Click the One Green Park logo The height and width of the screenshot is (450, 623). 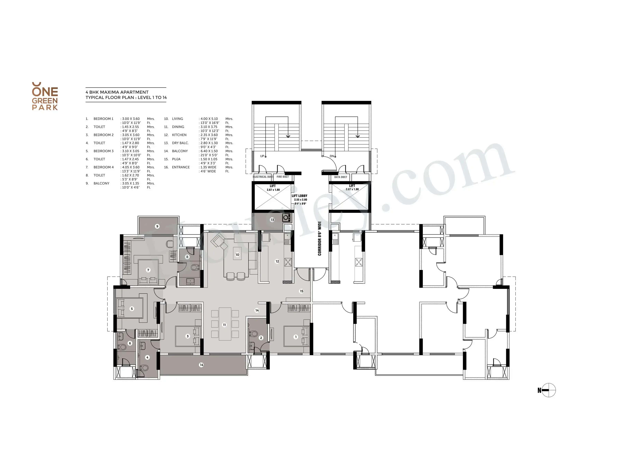pos(45,96)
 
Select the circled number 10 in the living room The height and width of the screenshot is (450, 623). pos(237,255)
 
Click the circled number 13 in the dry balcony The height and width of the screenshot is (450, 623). pos(272,220)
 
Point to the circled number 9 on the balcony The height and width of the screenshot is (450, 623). pos(157,226)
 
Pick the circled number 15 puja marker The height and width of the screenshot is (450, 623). pos(301,291)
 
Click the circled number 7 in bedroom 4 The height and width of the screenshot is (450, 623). pos(148,270)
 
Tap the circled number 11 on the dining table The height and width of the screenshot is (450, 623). pos(224,325)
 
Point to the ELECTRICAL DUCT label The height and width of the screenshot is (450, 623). pos(263,177)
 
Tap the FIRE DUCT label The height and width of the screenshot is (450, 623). pos(283,177)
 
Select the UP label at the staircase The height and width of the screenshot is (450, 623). pos(262,156)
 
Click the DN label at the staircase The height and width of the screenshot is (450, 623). pos(332,156)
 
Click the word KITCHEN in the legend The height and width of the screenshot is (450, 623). pos(179,135)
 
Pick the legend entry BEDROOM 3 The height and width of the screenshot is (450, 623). pos(103,151)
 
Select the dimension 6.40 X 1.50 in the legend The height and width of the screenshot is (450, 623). pos(209,151)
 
